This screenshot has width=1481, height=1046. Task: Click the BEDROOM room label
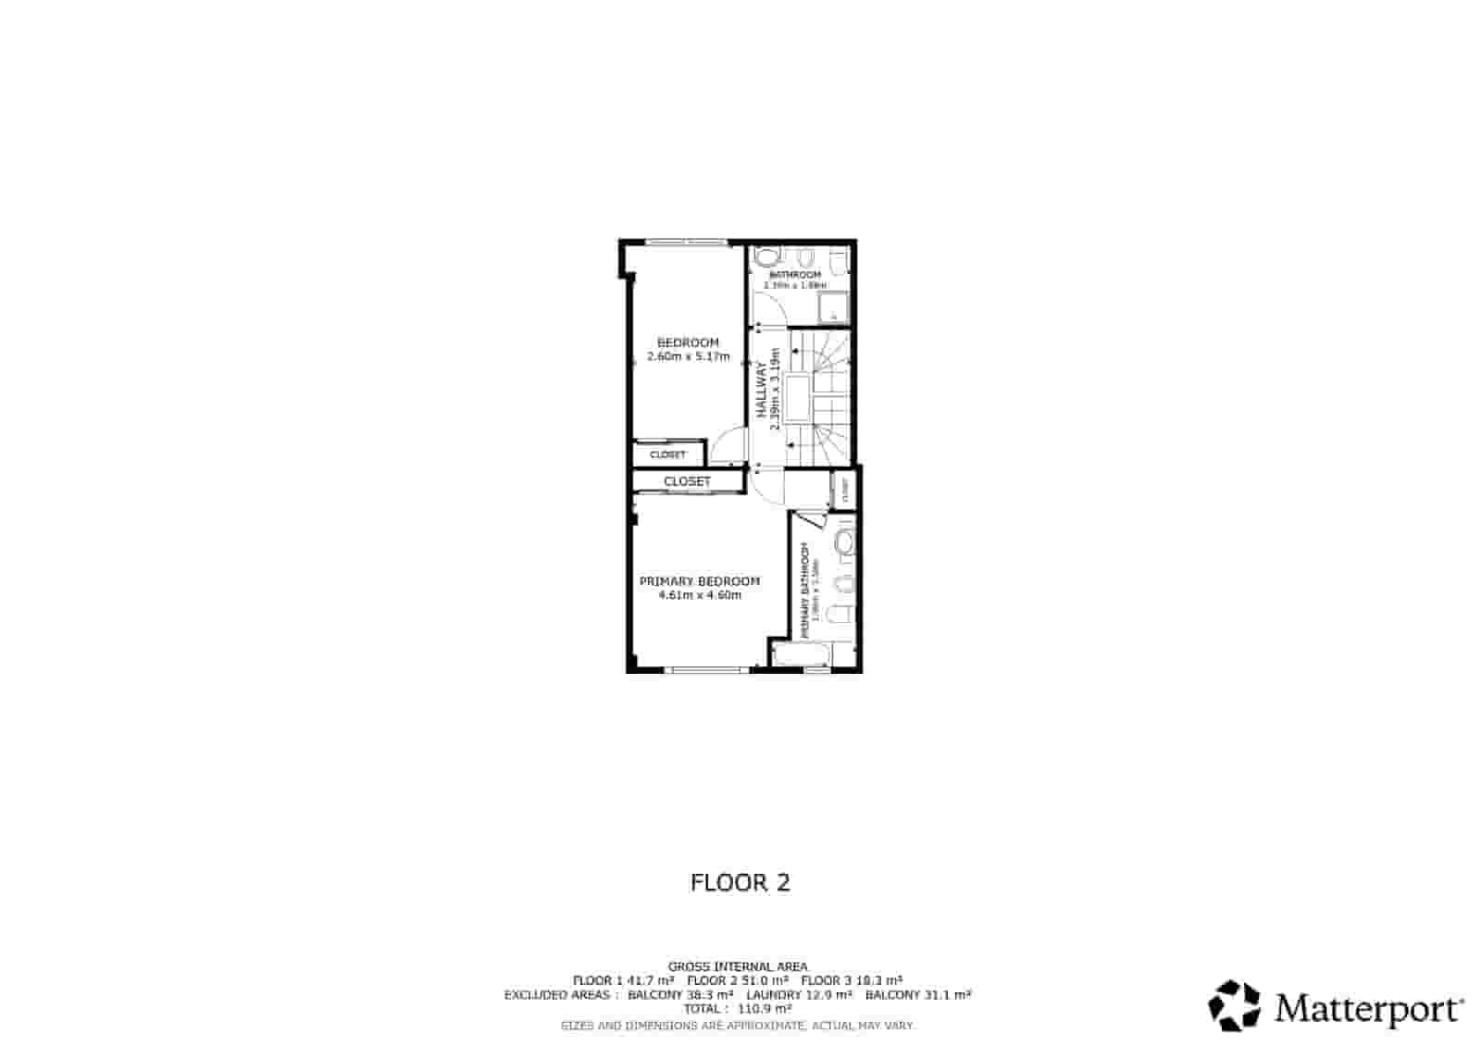coord(687,342)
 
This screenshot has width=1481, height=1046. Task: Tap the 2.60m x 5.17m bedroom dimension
coord(688,356)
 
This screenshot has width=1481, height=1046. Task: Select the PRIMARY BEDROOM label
coord(700,581)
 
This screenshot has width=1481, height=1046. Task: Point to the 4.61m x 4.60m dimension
coord(700,595)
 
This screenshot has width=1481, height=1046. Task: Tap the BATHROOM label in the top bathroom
coord(795,275)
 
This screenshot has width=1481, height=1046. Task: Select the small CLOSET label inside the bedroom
coord(667,455)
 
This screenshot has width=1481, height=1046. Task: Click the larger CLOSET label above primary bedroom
coord(687,481)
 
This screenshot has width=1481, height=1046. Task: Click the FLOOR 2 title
coord(740,882)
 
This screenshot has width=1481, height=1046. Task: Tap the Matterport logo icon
coord(1235,1006)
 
